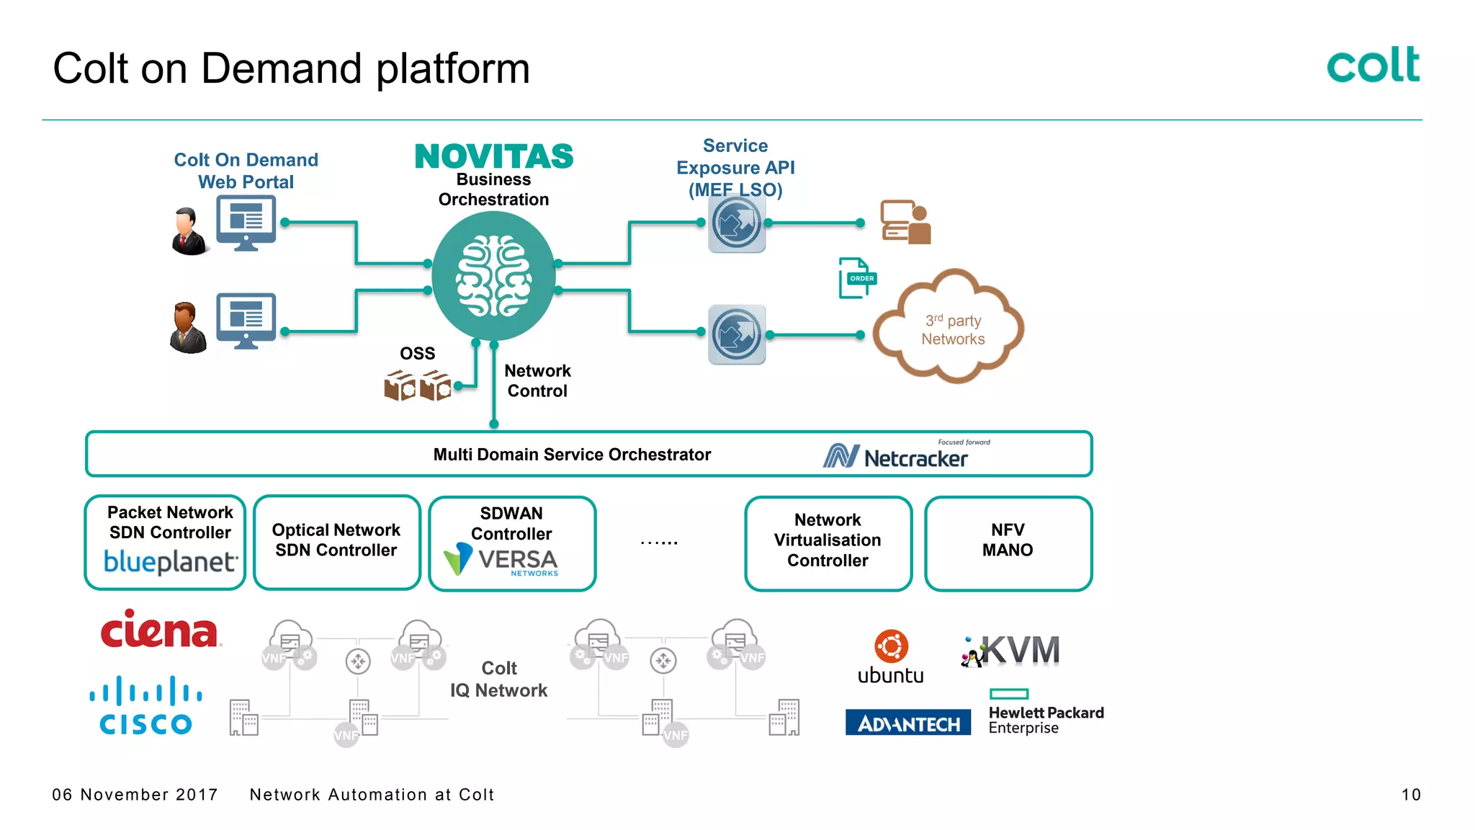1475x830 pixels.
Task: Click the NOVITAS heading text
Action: [x=494, y=156]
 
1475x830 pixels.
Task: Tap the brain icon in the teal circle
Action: [x=494, y=277]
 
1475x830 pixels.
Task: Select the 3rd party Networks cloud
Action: [x=949, y=328]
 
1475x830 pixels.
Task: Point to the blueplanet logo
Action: [x=170, y=561]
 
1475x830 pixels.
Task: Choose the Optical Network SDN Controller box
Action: [x=336, y=542]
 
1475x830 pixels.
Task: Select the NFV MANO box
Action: [x=1008, y=542]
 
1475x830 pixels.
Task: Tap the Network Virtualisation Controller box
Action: [x=828, y=542]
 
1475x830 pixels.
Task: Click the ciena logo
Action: [x=159, y=630]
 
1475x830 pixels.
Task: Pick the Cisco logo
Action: [x=146, y=706]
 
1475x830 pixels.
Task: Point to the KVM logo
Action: [x=1011, y=651]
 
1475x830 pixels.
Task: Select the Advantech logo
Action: [x=908, y=723]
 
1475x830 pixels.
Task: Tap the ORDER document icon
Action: [x=857, y=278]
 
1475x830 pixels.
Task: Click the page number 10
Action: [x=1410, y=795]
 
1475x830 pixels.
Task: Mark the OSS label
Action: [x=418, y=354]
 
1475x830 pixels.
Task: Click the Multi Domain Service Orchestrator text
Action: [x=572, y=455]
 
